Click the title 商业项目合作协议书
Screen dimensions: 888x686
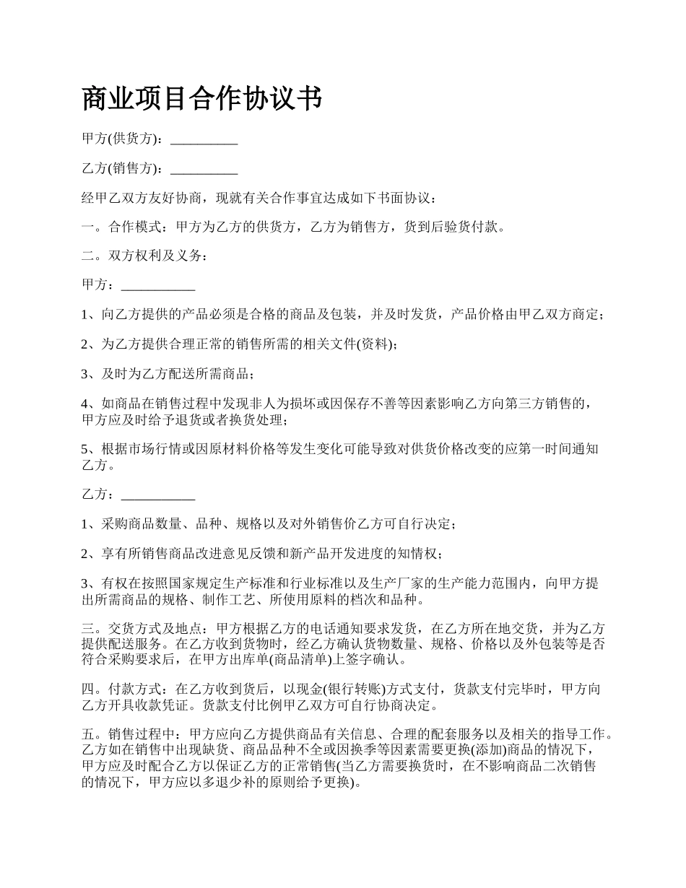tap(201, 99)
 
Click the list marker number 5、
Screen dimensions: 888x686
tap(89, 449)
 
